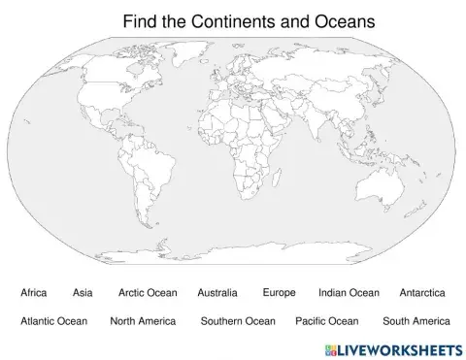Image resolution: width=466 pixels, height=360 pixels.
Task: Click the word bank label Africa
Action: (x=33, y=292)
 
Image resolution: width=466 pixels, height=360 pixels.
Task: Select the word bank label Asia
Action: (x=83, y=292)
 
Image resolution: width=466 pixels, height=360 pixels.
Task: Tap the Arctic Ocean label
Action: (x=148, y=292)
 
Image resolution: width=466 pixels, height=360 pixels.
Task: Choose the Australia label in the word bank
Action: (x=216, y=292)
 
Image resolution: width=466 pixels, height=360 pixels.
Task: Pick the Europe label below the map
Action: (x=279, y=292)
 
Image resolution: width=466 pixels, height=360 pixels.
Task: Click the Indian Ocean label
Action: (x=349, y=292)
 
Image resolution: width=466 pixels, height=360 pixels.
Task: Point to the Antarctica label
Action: (x=422, y=292)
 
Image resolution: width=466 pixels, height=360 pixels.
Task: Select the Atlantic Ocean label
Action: (x=53, y=321)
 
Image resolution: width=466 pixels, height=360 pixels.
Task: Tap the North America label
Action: (x=143, y=321)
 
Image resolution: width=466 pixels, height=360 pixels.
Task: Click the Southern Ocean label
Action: (x=238, y=321)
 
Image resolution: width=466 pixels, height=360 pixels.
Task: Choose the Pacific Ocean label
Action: (x=326, y=321)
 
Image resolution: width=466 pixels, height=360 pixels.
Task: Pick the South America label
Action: (x=416, y=321)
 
